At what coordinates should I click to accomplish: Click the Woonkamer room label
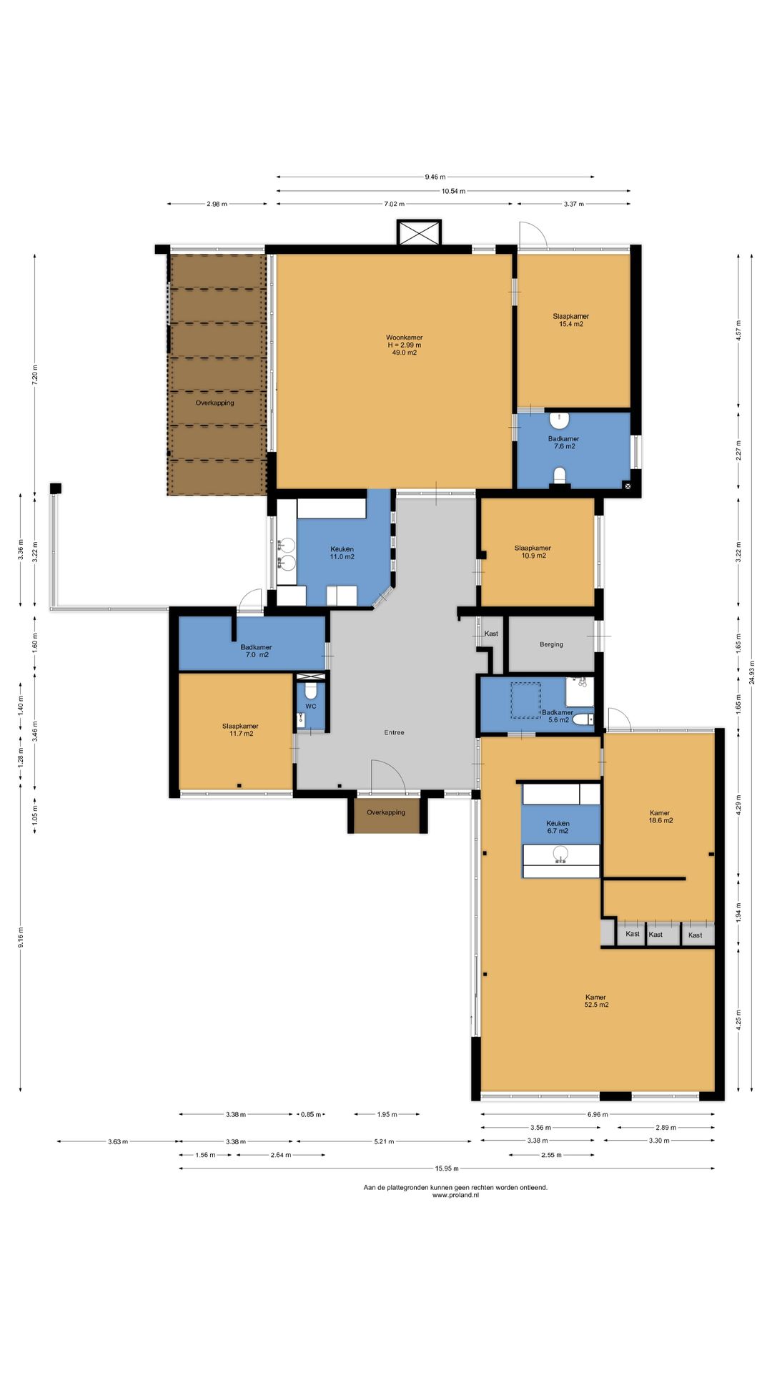[405, 345]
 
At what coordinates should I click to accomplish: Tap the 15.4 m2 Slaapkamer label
[570, 320]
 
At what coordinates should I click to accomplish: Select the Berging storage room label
[551, 644]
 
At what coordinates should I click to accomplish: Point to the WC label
[311, 707]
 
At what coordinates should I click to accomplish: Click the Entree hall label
[394, 732]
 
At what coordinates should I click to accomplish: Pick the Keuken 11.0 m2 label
[342, 553]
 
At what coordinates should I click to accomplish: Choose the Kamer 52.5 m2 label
[596, 1000]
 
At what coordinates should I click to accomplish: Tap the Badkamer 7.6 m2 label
[564, 443]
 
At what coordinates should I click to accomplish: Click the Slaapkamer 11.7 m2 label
[240, 729]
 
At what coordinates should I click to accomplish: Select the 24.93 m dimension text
[751, 672]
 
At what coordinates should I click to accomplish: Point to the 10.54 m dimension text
[453, 191]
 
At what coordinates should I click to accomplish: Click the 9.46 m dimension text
[435, 177]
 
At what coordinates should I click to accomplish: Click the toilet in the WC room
[311, 691]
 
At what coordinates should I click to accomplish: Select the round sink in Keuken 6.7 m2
[560, 854]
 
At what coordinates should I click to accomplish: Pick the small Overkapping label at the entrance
[386, 812]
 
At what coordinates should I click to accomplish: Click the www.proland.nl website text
[455, 1195]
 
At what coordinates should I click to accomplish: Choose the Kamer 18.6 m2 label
[660, 817]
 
